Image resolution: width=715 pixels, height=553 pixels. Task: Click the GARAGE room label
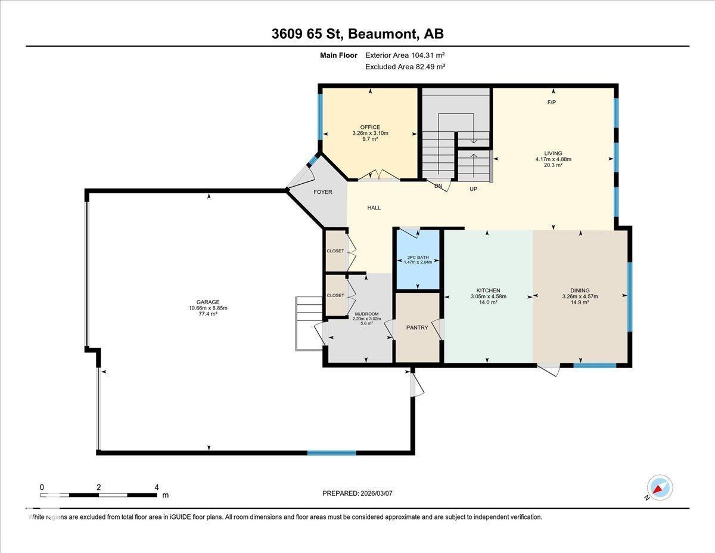pyautogui.click(x=208, y=302)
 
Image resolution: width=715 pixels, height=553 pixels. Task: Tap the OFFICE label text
pyautogui.click(x=370, y=127)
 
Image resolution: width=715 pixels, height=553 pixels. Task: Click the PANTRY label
pyautogui.click(x=417, y=327)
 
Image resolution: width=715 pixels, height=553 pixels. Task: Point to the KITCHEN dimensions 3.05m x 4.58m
pyautogui.click(x=489, y=296)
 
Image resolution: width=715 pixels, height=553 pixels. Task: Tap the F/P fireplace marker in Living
pyautogui.click(x=552, y=102)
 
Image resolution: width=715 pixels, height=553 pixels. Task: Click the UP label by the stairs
pyautogui.click(x=474, y=189)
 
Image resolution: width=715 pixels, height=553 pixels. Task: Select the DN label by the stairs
pyautogui.click(x=439, y=186)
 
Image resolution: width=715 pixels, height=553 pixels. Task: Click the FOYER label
pyautogui.click(x=323, y=192)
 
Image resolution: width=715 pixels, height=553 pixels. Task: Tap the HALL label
pyautogui.click(x=374, y=208)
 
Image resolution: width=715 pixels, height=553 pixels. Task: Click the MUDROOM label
pyautogui.click(x=366, y=313)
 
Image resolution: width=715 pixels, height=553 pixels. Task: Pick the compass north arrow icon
pyautogui.click(x=660, y=487)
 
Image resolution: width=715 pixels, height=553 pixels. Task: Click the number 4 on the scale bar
pyautogui.click(x=156, y=487)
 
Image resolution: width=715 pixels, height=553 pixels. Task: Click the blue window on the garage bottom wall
pyautogui.click(x=331, y=453)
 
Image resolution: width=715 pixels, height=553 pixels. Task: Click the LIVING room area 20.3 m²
pyautogui.click(x=553, y=165)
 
